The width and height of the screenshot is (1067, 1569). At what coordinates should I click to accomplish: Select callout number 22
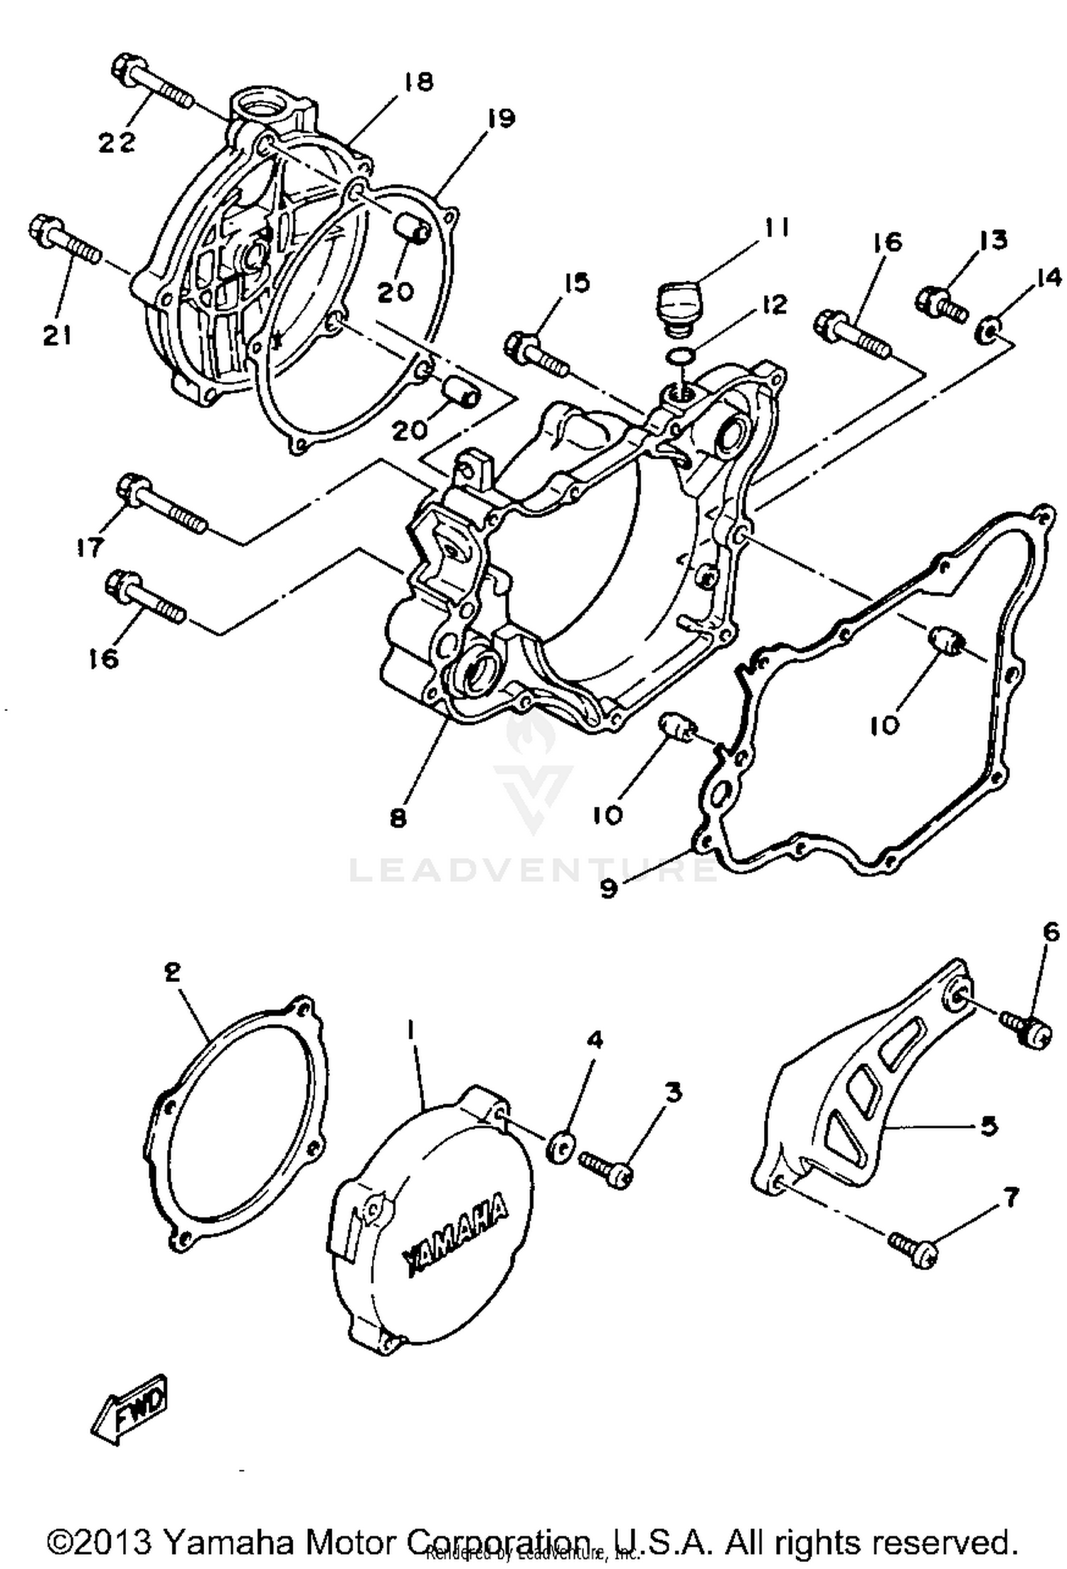coord(117,143)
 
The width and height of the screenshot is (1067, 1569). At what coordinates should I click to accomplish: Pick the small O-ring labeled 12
coord(681,356)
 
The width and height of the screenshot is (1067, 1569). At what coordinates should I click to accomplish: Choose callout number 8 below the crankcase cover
coord(398,818)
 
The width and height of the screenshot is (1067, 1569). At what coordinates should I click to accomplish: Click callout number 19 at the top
coord(501,119)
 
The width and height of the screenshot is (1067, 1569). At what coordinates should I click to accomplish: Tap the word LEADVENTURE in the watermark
coord(533,870)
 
